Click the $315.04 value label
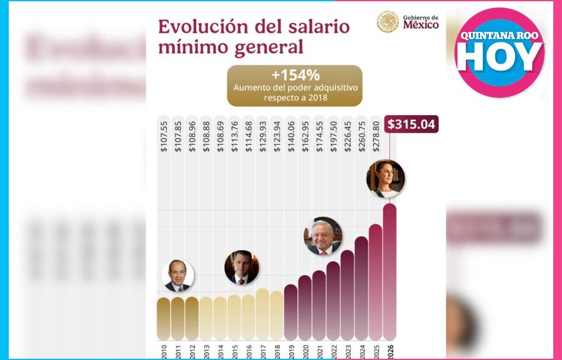point(412,124)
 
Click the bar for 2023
point(347,294)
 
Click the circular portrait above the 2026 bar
point(385,179)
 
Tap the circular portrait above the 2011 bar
point(178,276)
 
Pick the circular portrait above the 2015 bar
point(241,267)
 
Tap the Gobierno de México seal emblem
point(388,22)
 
